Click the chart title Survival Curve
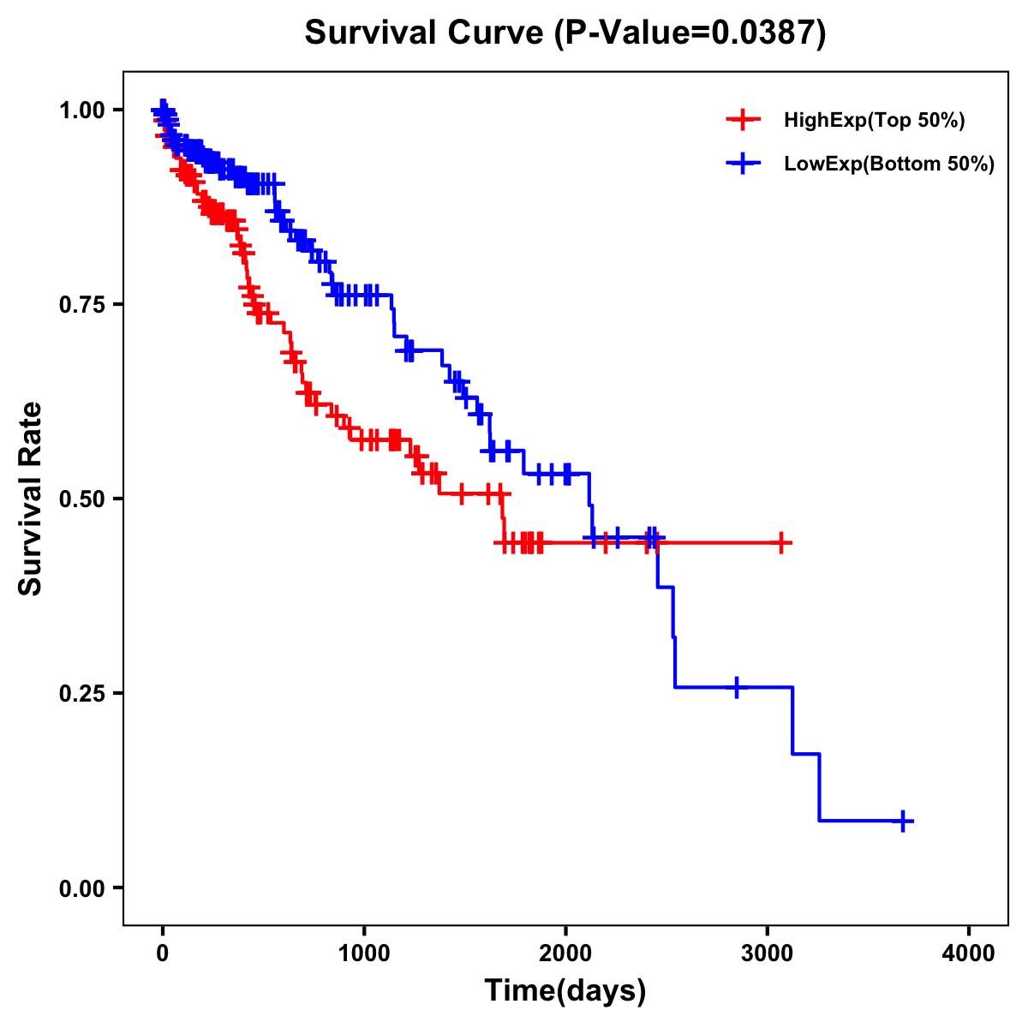pyautogui.click(x=424, y=33)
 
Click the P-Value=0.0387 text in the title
pyautogui.click(x=690, y=33)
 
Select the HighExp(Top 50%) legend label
pyautogui.click(x=874, y=121)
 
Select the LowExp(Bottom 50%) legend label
pyautogui.click(x=889, y=164)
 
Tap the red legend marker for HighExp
pyautogui.click(x=743, y=121)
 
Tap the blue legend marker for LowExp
pyautogui.click(x=743, y=164)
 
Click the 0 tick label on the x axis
pyautogui.click(x=162, y=954)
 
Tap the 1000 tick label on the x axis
pyautogui.click(x=364, y=954)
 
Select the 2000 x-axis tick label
pyautogui.click(x=565, y=954)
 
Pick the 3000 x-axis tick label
pyautogui.click(x=768, y=954)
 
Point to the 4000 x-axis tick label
pyautogui.click(x=969, y=954)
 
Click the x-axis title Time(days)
pyautogui.click(x=565, y=991)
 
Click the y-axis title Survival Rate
pyautogui.click(x=31, y=499)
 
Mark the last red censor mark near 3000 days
pyautogui.click(x=781, y=542)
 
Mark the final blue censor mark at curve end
pyautogui.click(x=902, y=821)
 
